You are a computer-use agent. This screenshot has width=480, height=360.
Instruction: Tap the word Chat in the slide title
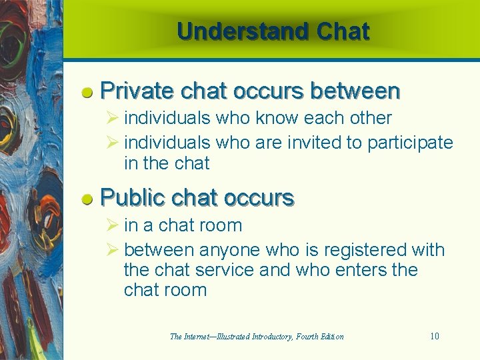(x=343, y=31)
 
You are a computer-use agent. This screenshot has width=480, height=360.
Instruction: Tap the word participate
(x=411, y=143)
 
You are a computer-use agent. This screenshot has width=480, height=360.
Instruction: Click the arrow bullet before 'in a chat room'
(x=112, y=225)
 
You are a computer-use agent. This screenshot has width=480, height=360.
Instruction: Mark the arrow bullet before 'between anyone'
(x=112, y=250)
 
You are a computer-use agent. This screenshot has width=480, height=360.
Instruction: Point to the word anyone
(x=229, y=250)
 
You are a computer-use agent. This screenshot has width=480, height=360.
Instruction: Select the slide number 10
(x=434, y=336)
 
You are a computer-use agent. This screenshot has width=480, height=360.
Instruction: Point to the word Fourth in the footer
(x=309, y=337)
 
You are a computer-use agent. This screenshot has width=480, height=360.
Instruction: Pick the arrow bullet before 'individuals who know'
(x=112, y=118)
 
